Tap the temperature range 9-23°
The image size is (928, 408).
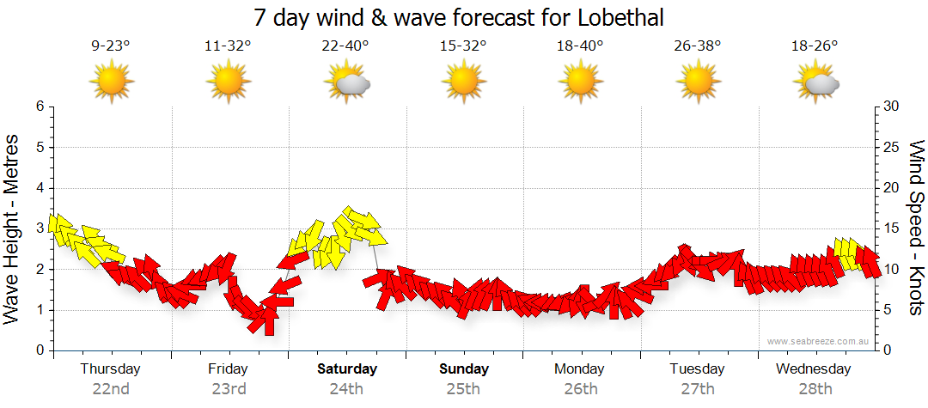tap(111, 46)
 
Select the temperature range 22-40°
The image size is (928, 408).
tap(345, 46)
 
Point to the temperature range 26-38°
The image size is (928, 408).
tap(698, 46)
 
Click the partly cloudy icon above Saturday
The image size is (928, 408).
tap(347, 82)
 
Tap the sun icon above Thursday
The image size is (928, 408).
tap(112, 82)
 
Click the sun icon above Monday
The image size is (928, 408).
tap(581, 82)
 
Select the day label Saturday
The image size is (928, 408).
tap(347, 369)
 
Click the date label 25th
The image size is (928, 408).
tap(464, 388)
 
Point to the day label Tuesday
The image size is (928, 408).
tap(698, 369)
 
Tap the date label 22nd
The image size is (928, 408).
tap(112, 388)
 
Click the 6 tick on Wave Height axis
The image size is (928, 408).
tap(40, 107)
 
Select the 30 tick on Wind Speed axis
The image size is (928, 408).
tap(892, 107)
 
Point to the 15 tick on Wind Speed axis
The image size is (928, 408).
tap(892, 228)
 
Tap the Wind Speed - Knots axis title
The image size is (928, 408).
tap(916, 228)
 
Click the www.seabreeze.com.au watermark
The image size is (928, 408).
tap(819, 341)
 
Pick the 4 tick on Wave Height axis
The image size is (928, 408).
tap(40, 188)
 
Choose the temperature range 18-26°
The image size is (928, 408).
tap(815, 46)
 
